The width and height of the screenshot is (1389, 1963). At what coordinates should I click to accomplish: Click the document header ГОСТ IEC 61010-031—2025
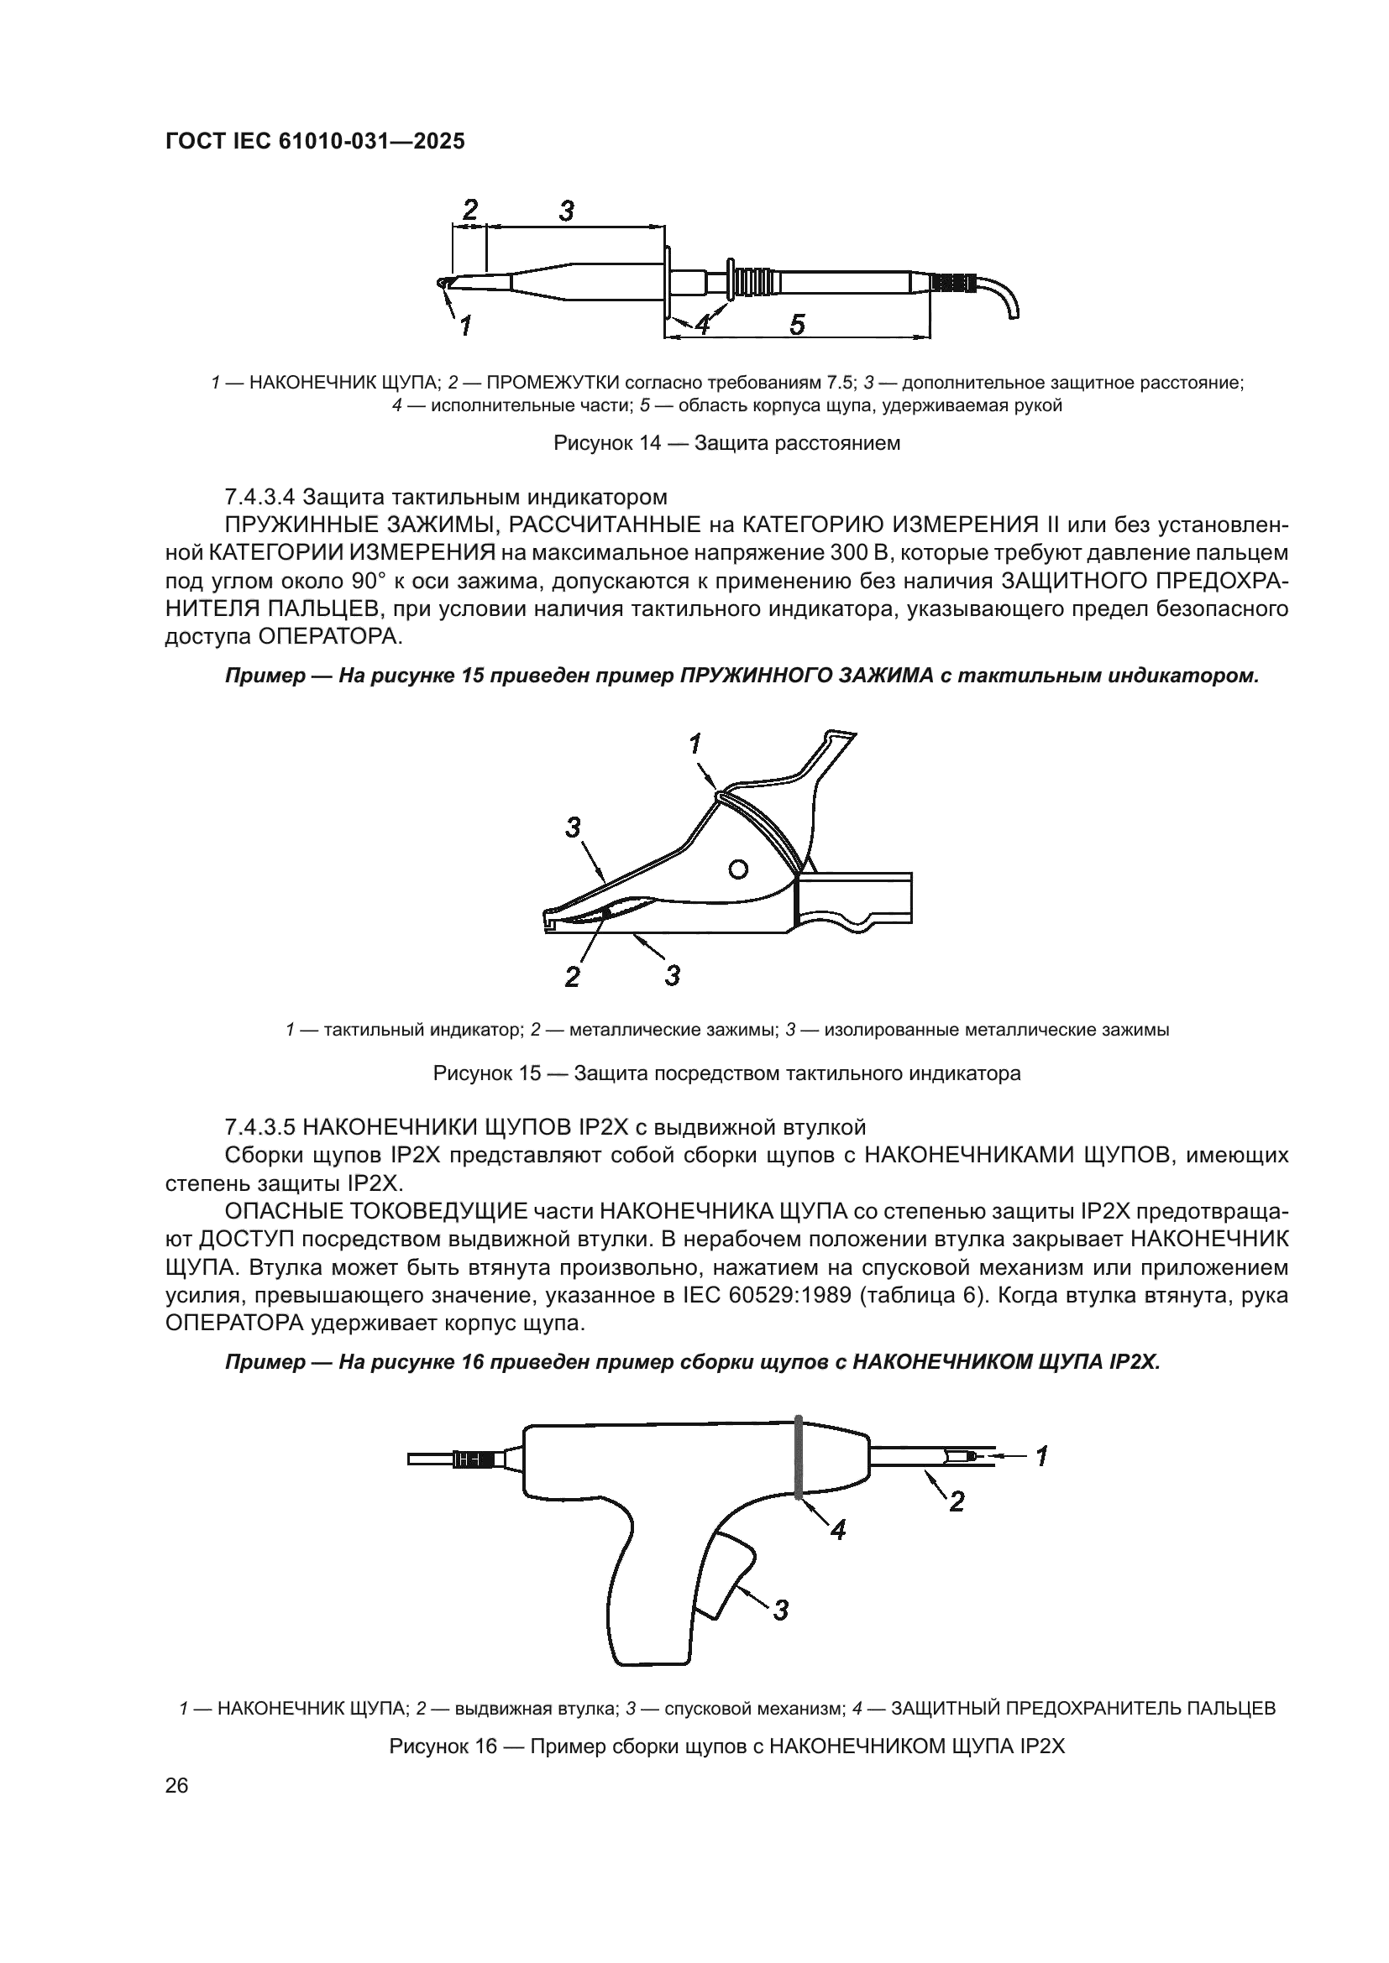tap(315, 142)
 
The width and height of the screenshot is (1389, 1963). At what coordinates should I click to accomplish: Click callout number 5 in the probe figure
tap(796, 325)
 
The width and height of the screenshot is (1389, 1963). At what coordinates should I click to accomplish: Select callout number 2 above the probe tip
tap(469, 210)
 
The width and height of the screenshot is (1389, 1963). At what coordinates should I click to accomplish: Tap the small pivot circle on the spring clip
tap(738, 869)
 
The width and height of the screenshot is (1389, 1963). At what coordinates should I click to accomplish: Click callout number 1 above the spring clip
tap(697, 744)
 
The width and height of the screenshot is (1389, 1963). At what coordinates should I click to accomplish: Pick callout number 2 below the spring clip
tap(572, 976)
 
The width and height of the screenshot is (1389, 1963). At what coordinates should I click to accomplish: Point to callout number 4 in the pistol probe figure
tap(838, 1531)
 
